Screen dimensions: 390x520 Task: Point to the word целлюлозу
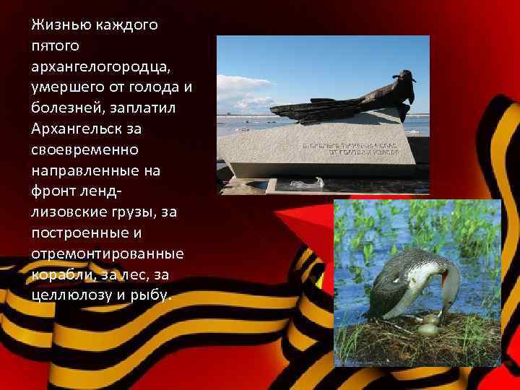pos(66,295)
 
